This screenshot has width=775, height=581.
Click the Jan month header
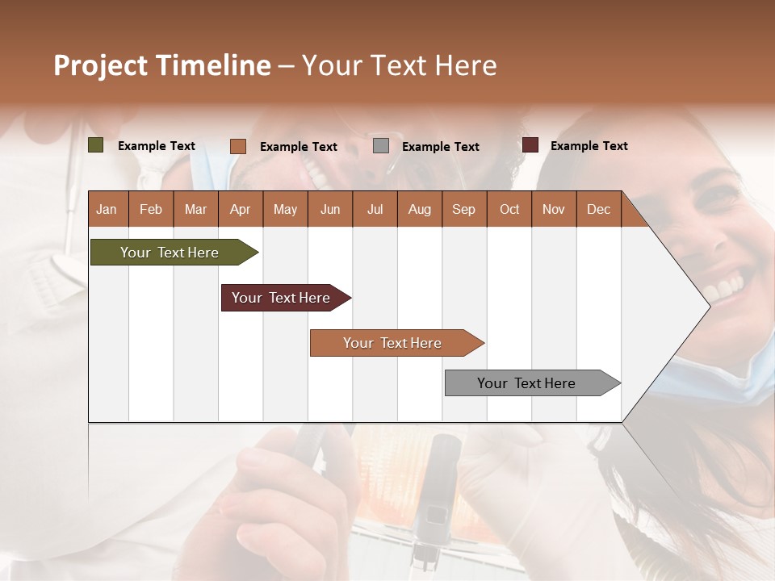pos(107,209)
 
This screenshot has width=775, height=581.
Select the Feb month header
pos(151,209)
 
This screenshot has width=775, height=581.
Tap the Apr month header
pos(240,209)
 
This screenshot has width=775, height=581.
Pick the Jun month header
pos(330,209)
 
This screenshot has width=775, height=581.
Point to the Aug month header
pos(419,209)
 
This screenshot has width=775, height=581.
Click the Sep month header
pos(463,209)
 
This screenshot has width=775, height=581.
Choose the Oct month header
pos(509,209)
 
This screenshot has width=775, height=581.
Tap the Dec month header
pos(598,209)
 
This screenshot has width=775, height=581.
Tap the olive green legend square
pos(96,145)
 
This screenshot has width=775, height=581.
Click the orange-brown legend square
pos(238,146)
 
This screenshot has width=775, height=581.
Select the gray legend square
pos(381,146)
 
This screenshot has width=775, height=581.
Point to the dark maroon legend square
pos(530,145)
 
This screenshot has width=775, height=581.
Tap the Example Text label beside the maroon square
pos(589,146)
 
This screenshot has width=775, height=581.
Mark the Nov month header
pos(554,209)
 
